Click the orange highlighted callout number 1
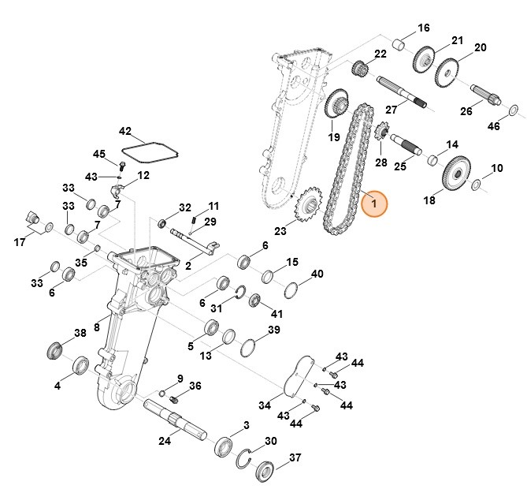(x=374, y=204)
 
